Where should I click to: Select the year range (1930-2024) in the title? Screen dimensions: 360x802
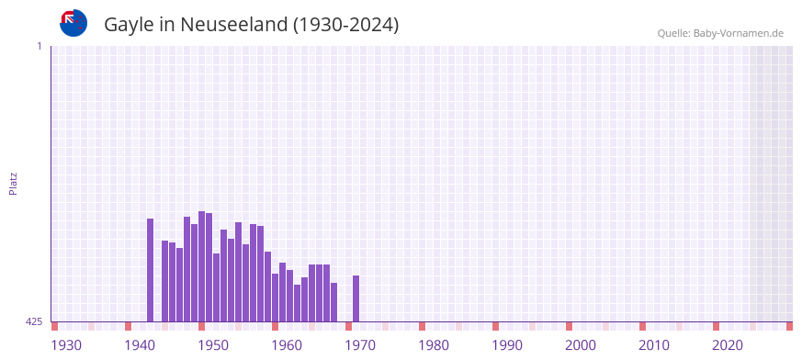click(x=345, y=25)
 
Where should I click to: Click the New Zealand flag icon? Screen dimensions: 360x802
click(x=73, y=23)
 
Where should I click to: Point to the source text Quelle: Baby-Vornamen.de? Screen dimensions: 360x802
click(x=720, y=33)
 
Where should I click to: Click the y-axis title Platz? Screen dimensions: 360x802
click(x=13, y=183)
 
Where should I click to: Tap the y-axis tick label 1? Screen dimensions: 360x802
click(x=39, y=46)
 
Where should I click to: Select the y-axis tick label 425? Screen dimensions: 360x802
click(x=34, y=321)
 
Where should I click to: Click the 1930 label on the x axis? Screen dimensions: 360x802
click(x=66, y=345)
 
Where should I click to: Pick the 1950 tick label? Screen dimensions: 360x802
click(x=213, y=345)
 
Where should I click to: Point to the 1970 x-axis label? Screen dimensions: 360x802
click(x=360, y=345)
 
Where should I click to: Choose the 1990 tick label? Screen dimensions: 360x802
click(x=507, y=345)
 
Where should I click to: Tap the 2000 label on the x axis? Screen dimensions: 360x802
click(x=581, y=345)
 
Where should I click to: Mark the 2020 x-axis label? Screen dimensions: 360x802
click(x=728, y=345)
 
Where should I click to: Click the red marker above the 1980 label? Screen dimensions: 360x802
click(x=422, y=326)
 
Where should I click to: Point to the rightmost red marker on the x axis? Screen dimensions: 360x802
click(x=789, y=326)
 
